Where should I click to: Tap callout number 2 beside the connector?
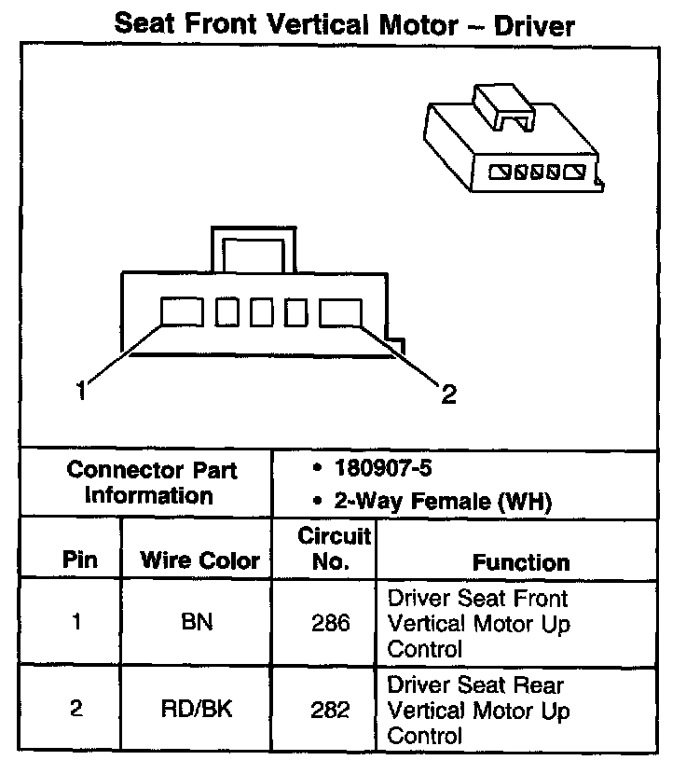448,395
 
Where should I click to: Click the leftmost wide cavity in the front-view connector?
182,312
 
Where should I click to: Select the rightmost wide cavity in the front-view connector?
340,312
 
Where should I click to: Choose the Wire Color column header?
199,561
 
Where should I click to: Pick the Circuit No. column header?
326,549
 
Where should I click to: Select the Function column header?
521,561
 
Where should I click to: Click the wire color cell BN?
198,622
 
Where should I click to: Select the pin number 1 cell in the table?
76,622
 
